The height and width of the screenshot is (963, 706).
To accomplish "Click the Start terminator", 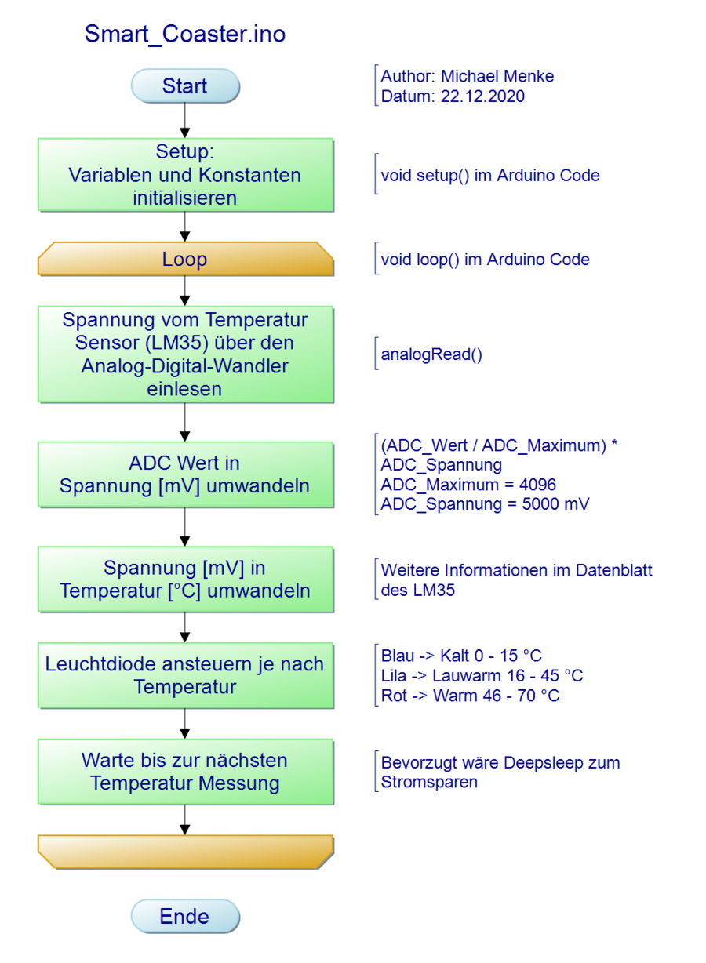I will click(x=185, y=86).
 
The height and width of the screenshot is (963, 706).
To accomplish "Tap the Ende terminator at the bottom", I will click(x=185, y=916).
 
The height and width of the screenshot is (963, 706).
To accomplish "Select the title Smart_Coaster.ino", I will click(x=185, y=35).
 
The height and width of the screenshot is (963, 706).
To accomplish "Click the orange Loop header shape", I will click(x=185, y=259).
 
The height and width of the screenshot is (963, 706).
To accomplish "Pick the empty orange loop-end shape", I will click(x=185, y=852).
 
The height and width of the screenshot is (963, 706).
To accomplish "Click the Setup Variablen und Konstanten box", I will click(x=185, y=175).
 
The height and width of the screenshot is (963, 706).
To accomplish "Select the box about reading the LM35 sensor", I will click(x=185, y=354).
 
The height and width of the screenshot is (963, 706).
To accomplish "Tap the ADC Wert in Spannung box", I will click(x=185, y=474).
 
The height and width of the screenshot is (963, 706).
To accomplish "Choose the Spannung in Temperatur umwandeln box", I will click(x=185, y=579).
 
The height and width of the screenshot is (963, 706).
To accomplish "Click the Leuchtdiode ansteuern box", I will click(x=185, y=675).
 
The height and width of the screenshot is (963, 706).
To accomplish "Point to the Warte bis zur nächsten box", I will click(x=185, y=771).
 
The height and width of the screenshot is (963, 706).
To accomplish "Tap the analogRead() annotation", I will click(x=431, y=354).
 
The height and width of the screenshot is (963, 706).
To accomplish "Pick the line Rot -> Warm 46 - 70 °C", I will click(x=470, y=696).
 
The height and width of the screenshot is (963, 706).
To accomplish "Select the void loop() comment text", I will click(x=485, y=260).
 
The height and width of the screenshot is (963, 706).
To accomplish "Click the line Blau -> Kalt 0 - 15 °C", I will click(x=461, y=656).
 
